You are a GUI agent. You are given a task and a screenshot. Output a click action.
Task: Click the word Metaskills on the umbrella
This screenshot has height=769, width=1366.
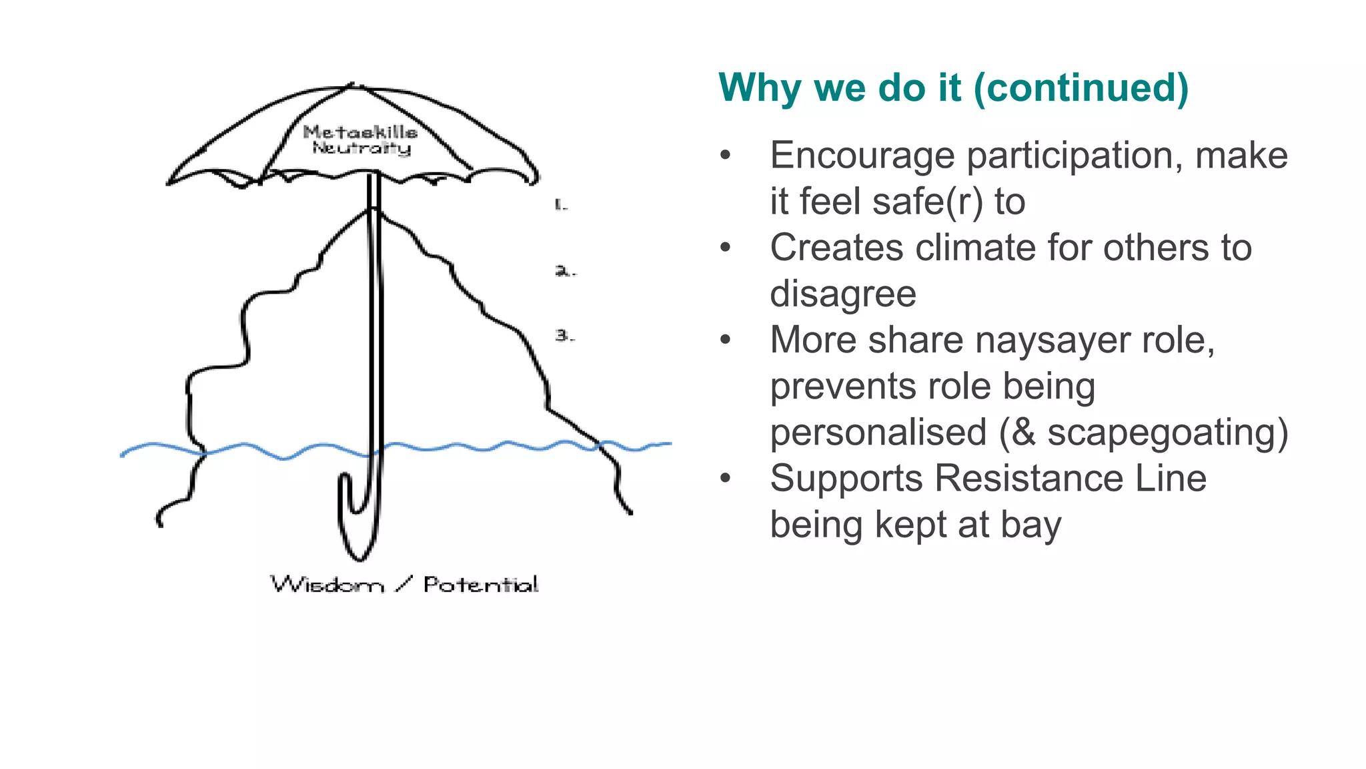pos(360,132)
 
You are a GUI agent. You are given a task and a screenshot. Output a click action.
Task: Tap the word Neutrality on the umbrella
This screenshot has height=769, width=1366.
pos(362,148)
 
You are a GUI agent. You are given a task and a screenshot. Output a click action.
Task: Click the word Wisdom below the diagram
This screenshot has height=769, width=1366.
pos(327,585)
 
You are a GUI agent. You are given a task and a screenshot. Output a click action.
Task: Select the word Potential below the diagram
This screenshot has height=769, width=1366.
pos(480,585)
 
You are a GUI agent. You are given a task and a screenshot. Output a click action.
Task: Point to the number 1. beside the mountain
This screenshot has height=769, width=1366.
pos(561,204)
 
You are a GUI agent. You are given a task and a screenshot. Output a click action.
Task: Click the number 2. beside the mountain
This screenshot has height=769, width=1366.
pos(564,270)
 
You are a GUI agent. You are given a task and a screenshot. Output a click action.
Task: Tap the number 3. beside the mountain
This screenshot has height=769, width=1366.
pos(564,335)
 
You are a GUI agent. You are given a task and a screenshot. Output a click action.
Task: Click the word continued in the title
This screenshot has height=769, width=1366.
pos(1081,88)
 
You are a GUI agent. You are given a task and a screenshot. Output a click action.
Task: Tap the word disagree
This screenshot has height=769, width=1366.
pos(843,294)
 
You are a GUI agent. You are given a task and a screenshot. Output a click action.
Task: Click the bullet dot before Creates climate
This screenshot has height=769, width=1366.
pos(726,248)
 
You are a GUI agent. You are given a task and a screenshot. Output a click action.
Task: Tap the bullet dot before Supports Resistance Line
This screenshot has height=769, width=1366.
pos(726,479)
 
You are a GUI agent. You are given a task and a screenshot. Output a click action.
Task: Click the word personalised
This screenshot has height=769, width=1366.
pos(878,433)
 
